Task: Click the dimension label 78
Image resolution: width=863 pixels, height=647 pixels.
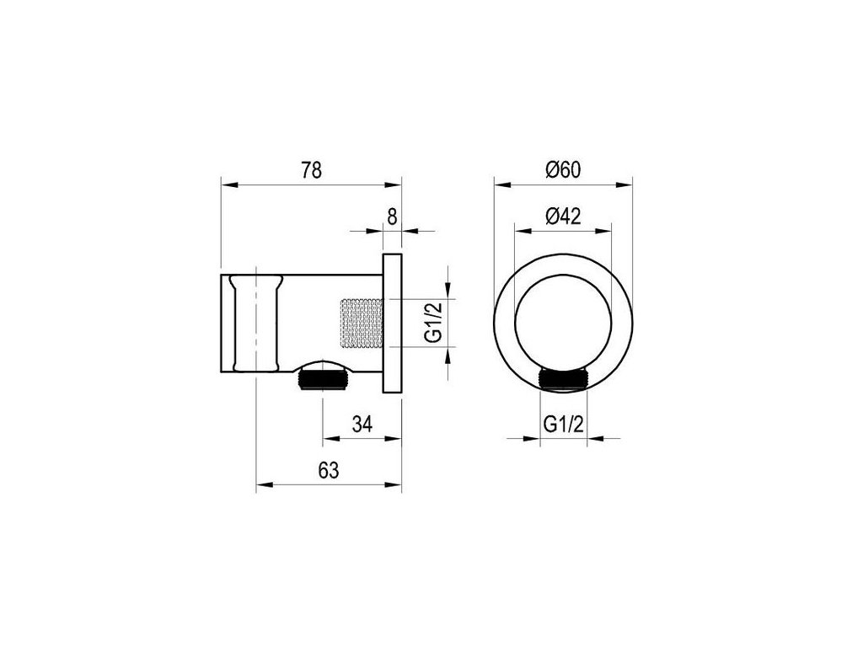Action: click(x=311, y=170)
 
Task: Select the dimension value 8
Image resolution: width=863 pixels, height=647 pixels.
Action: click(x=391, y=217)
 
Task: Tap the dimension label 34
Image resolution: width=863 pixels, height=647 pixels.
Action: click(x=362, y=425)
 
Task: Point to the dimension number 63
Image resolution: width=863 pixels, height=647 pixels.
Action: click(x=329, y=470)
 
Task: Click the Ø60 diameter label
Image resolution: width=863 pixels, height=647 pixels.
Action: click(x=563, y=170)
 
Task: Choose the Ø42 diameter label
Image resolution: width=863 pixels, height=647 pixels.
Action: click(x=563, y=217)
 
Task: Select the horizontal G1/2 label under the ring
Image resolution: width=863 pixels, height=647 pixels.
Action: click(x=564, y=425)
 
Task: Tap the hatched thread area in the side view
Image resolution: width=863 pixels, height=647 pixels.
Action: click(x=362, y=323)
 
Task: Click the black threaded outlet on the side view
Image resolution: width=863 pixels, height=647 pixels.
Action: click(x=323, y=381)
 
